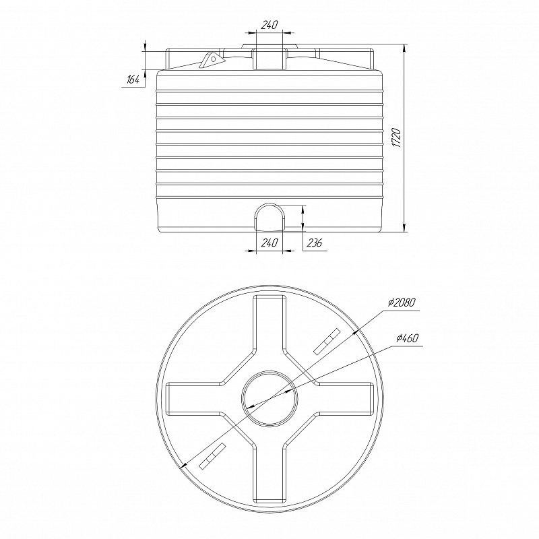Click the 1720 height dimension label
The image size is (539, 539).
396,138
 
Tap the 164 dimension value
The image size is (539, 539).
133,80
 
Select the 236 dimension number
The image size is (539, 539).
315,243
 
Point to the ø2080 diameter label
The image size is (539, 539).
402,303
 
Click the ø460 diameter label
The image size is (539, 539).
407,338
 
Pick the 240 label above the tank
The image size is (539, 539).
269,25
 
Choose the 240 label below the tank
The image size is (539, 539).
269,243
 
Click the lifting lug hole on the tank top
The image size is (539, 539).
213,59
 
